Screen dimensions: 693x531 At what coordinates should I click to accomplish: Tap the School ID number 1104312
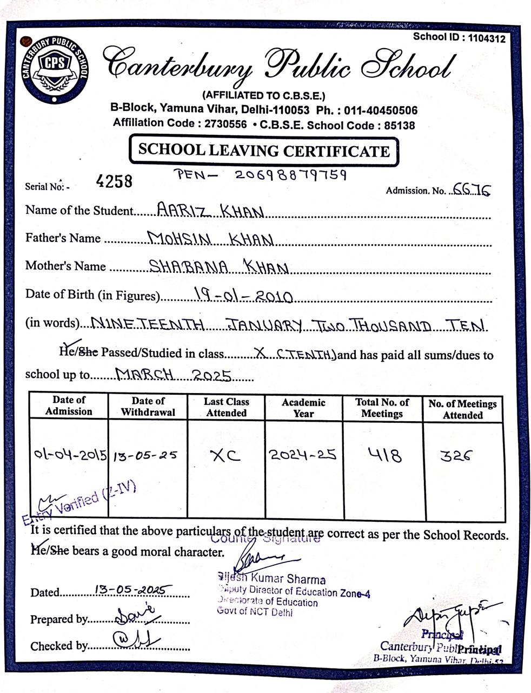click(x=486, y=38)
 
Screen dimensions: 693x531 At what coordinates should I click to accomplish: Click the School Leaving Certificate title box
click(x=263, y=151)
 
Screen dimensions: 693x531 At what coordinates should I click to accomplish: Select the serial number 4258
click(x=114, y=181)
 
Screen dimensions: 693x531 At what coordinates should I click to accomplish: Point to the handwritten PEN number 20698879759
click(x=291, y=175)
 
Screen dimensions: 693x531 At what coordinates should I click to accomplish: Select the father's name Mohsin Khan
click(x=211, y=238)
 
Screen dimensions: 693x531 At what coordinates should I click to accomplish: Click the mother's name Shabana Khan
click(x=219, y=266)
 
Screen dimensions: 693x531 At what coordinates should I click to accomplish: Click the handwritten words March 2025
click(x=174, y=375)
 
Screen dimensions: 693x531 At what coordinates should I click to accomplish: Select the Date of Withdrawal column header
click(x=148, y=407)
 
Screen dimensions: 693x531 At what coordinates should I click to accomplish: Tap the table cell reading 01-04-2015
click(x=70, y=454)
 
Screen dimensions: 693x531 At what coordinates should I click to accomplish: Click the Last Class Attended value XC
click(x=225, y=456)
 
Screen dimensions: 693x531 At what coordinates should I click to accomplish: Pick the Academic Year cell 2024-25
click(x=303, y=455)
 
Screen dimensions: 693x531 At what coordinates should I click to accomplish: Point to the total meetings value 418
click(x=385, y=455)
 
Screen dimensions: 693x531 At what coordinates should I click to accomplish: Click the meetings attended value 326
click(x=456, y=456)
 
